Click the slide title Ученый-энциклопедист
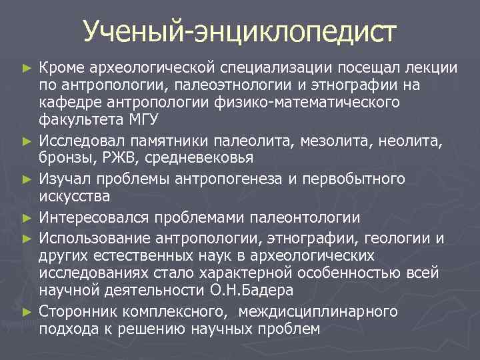point(240,31)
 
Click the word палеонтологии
point(306,217)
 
